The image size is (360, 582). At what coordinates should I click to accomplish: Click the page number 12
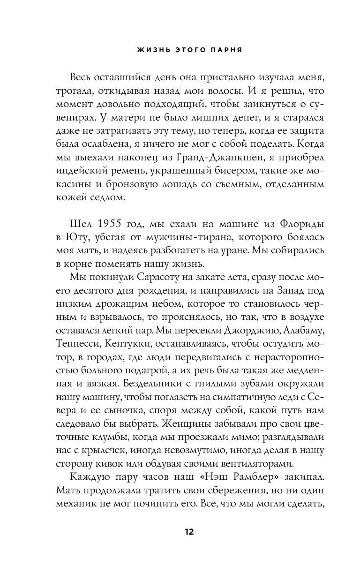(x=189, y=531)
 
